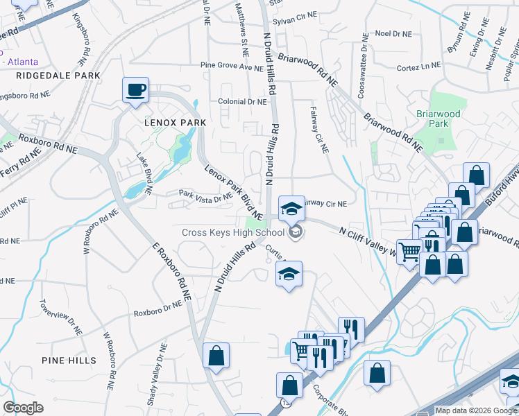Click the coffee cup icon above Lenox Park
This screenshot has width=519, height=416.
pyautogui.click(x=135, y=89)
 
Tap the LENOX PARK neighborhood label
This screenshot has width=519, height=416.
pyautogui.click(x=176, y=123)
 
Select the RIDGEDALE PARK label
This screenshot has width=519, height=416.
pyautogui.click(x=59, y=75)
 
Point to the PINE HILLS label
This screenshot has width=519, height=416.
pyautogui.click(x=69, y=361)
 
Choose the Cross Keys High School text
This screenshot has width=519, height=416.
pyautogui.click(x=233, y=232)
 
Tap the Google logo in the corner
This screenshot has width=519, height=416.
pyautogui.click(x=23, y=408)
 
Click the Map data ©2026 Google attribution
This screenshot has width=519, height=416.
pyautogui.click(x=476, y=410)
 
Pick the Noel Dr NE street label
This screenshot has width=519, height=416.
pyautogui.click(x=392, y=33)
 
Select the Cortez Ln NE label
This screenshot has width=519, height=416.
pyautogui.click(x=419, y=66)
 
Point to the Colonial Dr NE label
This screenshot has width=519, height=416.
pyautogui.click(x=242, y=101)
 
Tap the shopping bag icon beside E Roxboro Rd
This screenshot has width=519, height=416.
pyautogui.click(x=216, y=355)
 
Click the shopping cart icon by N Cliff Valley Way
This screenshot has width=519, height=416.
pyautogui.click(x=409, y=251)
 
